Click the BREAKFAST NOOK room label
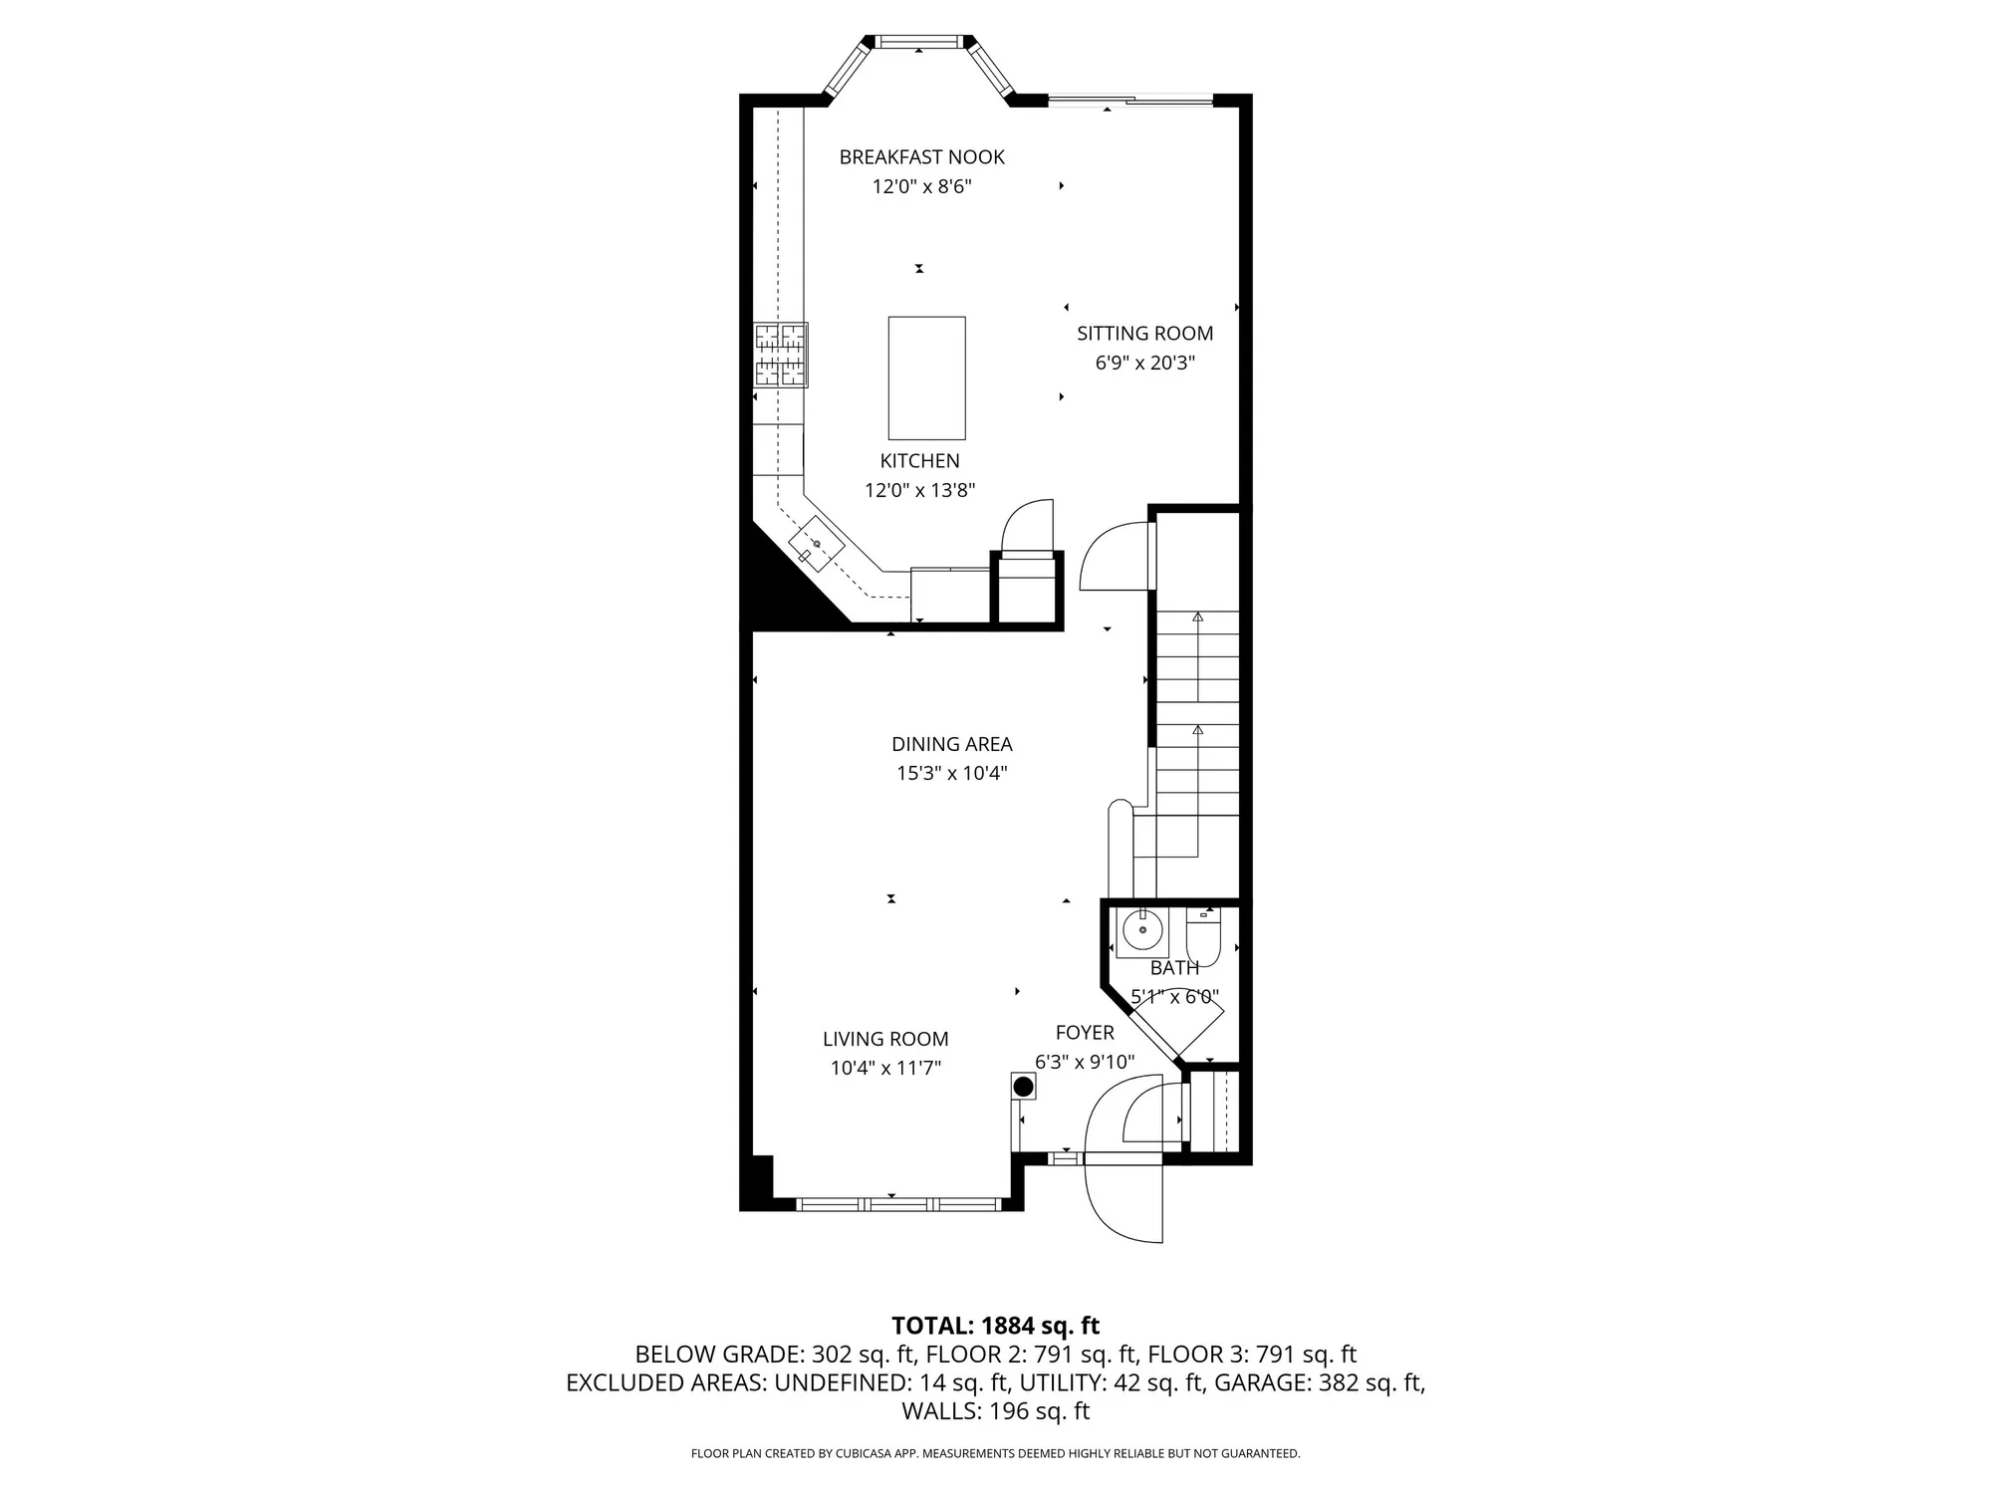coord(921,157)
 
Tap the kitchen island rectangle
coord(926,377)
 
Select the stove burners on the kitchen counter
coord(780,355)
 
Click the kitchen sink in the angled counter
coord(817,544)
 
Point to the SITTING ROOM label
coord(1144,334)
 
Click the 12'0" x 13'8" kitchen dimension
coord(919,490)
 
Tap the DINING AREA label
coord(951,744)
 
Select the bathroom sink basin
coord(1141,932)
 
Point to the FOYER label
coord(1085,1033)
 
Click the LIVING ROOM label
coord(885,1039)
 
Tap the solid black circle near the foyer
coord(1023,1087)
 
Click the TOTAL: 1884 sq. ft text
coord(995,1326)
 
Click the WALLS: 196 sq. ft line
coord(995,1411)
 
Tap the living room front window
coord(898,1204)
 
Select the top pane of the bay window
coord(918,42)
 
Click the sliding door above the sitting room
coord(1130,100)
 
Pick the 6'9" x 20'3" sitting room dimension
coord(1144,364)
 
